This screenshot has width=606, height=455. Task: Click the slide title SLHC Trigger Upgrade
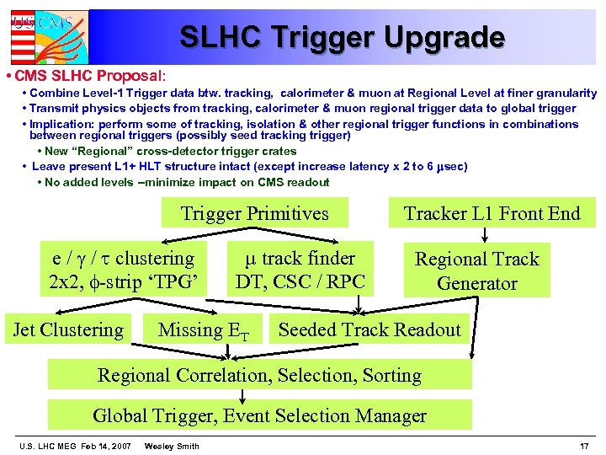(x=342, y=37)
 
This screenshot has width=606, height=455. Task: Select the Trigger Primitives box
(x=254, y=214)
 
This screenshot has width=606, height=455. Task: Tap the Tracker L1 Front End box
(x=492, y=214)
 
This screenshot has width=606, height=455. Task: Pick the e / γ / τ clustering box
(x=123, y=270)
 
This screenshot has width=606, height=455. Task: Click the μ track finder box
(x=300, y=270)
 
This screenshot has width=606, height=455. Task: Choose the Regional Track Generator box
(x=476, y=270)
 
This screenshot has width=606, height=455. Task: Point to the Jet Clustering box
(x=68, y=330)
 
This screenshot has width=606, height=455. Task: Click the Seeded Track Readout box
(x=369, y=330)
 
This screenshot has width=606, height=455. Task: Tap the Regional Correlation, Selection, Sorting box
(x=259, y=375)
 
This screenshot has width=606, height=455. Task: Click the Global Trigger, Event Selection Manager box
(x=259, y=415)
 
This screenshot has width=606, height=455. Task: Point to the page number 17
(x=584, y=446)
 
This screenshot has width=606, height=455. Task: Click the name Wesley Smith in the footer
(x=172, y=446)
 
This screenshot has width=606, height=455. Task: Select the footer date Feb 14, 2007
(x=104, y=446)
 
